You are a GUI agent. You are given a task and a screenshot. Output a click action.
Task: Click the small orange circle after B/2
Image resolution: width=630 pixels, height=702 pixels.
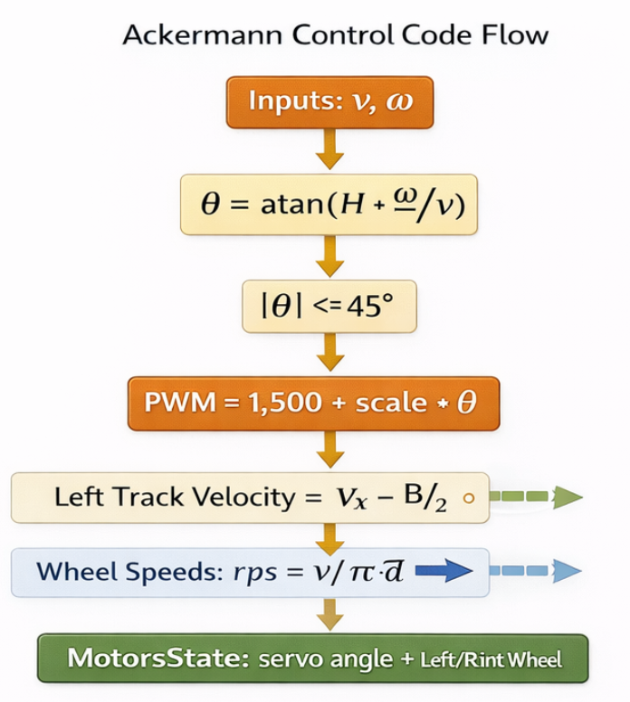tap(468, 497)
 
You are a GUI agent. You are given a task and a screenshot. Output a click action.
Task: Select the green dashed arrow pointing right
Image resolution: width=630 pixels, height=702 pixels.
tap(539, 496)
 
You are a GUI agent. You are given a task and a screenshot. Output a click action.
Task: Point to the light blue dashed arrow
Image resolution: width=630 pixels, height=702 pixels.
tap(540, 571)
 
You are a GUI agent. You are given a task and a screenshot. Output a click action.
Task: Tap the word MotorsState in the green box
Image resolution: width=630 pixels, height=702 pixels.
tap(145, 658)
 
